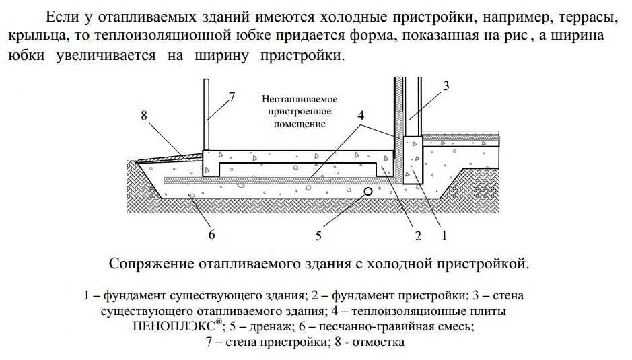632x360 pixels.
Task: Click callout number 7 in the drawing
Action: pos(232,96)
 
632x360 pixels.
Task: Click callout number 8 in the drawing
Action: pos(144,116)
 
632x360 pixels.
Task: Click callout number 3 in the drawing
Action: pos(446,85)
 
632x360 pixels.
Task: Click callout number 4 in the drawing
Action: pos(361,115)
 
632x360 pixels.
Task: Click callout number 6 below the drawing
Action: pos(211,235)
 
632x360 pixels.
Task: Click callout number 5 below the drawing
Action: pos(319,236)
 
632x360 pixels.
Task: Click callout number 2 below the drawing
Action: pos(417,236)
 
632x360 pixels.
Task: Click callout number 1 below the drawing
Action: pos(444,236)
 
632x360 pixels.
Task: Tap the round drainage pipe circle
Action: pos(369,192)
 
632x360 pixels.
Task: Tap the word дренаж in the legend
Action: pos(271,328)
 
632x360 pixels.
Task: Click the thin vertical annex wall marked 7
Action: pos(206,114)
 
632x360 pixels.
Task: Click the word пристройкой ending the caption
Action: pos(479,263)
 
